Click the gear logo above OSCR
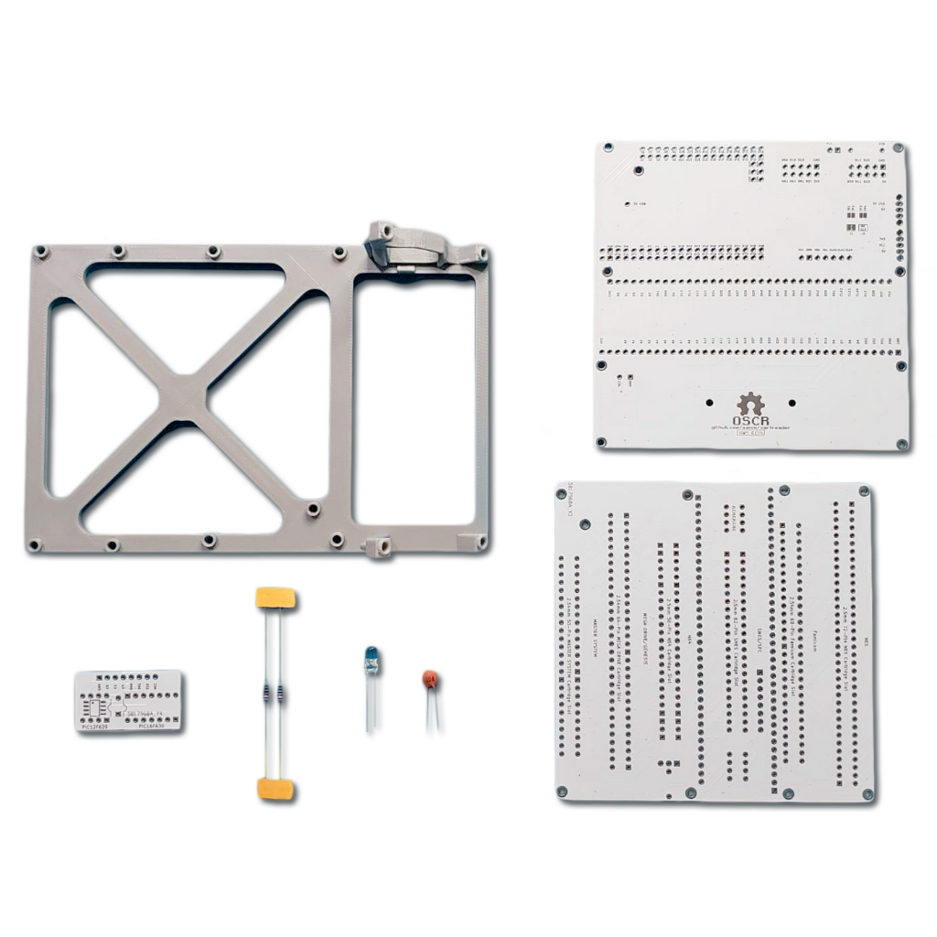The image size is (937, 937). point(750,404)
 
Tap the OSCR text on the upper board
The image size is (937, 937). point(752,421)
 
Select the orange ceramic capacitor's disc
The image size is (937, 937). point(429,679)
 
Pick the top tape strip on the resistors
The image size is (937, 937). point(275,598)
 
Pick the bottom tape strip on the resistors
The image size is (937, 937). point(275,788)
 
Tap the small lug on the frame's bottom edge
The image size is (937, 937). point(379,547)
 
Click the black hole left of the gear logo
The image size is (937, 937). point(710,402)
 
